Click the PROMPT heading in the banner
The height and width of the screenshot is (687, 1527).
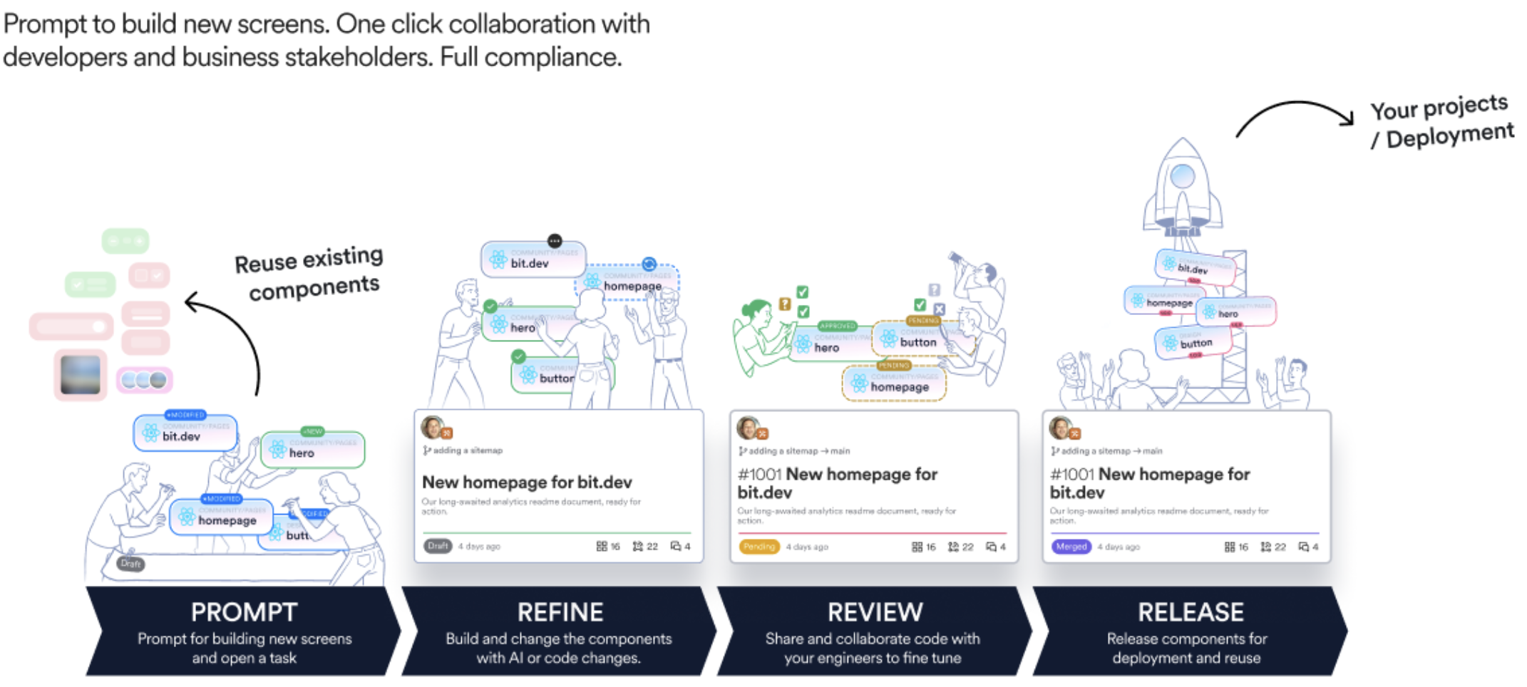(244, 612)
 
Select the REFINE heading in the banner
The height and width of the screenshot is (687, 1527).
(560, 612)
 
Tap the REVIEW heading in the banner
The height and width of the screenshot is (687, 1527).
(875, 612)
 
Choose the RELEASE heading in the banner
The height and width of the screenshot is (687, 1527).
(1191, 612)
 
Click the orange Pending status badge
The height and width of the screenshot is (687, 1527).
(759, 547)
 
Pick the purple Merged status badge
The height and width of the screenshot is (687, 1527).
(1071, 547)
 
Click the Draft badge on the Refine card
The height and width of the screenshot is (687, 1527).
(438, 546)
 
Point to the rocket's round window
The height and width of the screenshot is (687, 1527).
(1183, 175)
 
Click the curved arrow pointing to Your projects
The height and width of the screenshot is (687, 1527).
(1294, 114)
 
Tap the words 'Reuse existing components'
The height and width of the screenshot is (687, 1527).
(311, 274)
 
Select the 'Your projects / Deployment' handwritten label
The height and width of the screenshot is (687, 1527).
(1440, 121)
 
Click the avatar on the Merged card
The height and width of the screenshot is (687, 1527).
(1060, 428)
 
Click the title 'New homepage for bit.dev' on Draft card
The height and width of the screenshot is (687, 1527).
(527, 482)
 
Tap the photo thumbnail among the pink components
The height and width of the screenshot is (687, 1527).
(81, 374)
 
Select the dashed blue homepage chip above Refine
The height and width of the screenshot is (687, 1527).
(627, 284)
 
